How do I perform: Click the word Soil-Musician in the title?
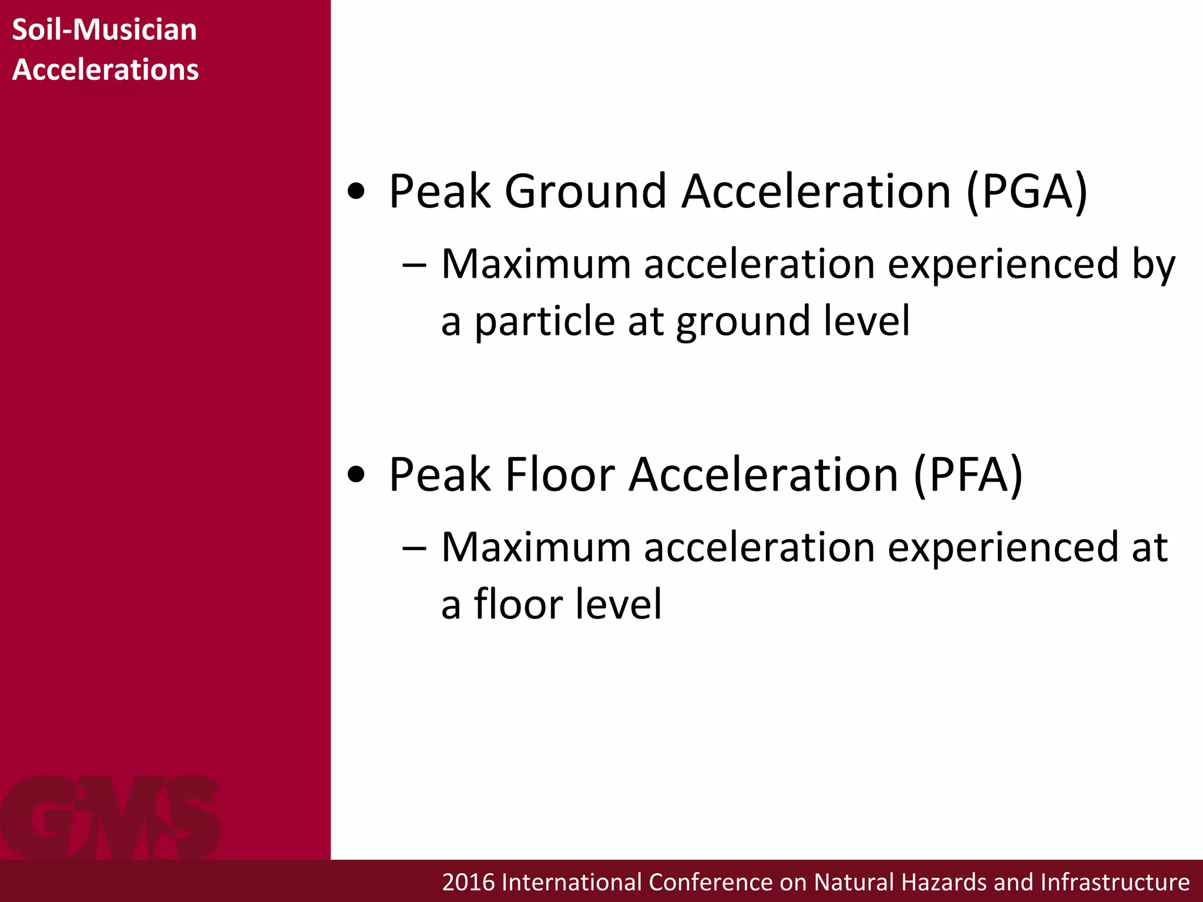coord(104,30)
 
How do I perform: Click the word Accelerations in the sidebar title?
coord(105,69)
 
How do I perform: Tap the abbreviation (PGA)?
coord(1027,191)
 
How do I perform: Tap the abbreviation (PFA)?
coord(968,474)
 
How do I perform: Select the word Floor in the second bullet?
coord(560,474)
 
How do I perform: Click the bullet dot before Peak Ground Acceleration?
coord(357,191)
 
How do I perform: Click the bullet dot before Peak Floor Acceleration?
coord(357,474)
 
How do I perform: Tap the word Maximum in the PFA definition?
coord(536,547)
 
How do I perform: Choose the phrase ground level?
coord(793,322)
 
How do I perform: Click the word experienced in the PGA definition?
coord(1003,265)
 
